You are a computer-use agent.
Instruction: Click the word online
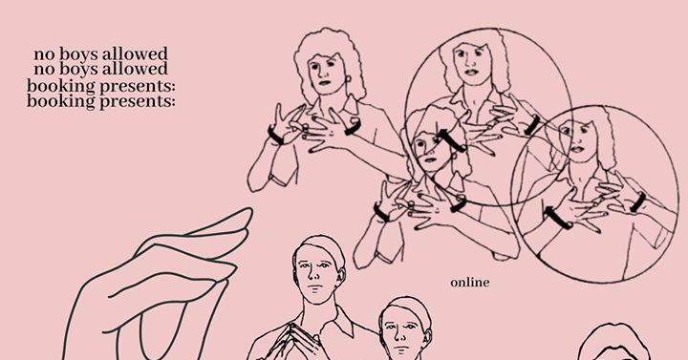click(469, 283)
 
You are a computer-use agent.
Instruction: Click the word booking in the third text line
click(60, 86)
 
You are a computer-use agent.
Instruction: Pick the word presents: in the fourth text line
click(138, 102)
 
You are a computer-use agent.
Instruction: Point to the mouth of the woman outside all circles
click(325, 82)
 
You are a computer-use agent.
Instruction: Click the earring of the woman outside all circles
click(349, 80)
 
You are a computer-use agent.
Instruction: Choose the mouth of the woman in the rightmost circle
click(576, 148)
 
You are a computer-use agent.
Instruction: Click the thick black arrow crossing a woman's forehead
click(451, 140)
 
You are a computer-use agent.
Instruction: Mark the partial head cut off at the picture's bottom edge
click(613, 343)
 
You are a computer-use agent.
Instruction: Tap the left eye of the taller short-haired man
click(305, 265)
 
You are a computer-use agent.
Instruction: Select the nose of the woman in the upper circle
click(468, 62)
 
